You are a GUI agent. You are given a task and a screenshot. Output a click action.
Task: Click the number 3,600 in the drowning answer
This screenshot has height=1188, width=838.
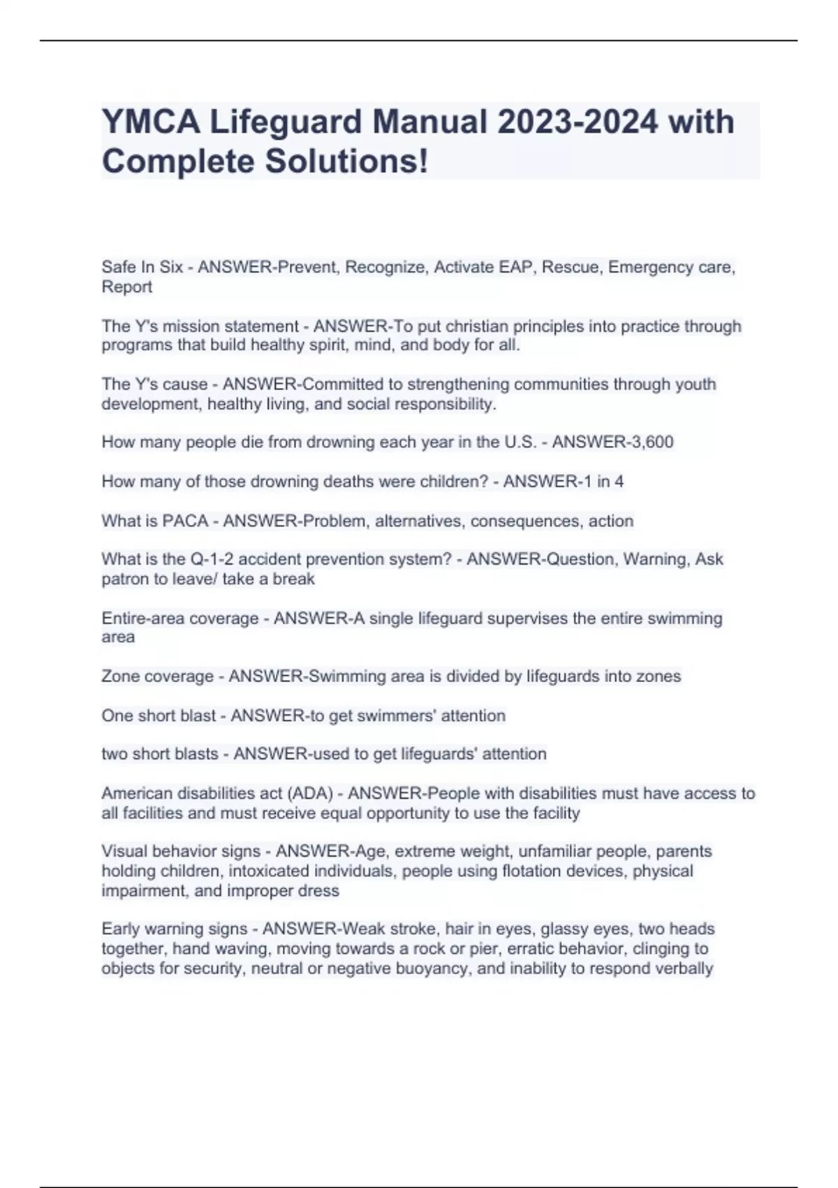[x=649, y=442]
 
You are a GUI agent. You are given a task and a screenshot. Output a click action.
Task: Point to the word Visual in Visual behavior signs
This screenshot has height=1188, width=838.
[x=124, y=852]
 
